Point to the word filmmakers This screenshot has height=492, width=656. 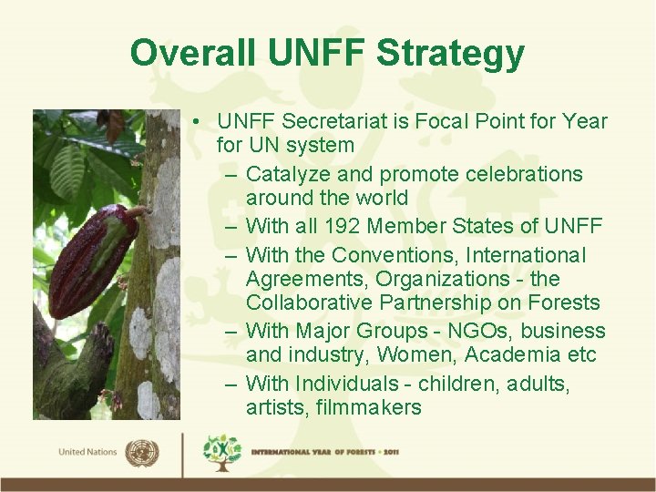(369, 407)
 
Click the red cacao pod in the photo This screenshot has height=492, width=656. (91, 261)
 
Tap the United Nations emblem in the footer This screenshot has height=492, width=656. (141, 452)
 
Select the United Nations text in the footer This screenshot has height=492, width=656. (87, 453)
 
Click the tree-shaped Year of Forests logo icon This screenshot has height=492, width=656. (222, 453)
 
